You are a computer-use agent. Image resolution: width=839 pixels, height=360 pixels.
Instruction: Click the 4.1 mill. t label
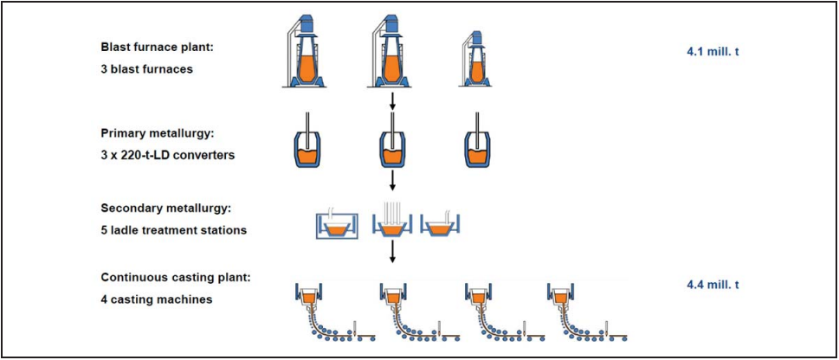tap(713, 51)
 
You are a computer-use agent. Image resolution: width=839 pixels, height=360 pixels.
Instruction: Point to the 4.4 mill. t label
tap(713, 284)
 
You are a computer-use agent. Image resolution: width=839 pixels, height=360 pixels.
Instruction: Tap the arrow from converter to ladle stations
tap(393, 180)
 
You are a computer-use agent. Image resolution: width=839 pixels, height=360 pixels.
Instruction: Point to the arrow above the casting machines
tap(393, 252)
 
